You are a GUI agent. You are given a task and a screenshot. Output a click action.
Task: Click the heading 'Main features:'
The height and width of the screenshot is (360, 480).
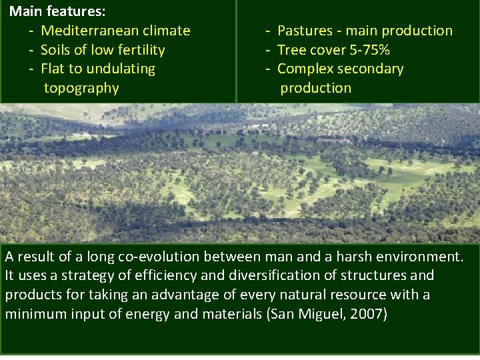[57, 11]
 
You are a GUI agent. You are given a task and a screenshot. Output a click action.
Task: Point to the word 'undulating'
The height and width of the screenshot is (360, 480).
[122, 69]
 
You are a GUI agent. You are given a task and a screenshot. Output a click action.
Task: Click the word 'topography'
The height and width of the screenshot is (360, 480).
[81, 88]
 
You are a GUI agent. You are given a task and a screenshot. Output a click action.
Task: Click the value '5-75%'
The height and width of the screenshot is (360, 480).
[368, 50]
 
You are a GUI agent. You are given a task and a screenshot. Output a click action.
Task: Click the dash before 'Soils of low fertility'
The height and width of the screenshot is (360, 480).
[31, 50]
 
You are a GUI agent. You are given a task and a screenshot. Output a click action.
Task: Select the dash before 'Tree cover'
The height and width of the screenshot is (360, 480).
[268, 50]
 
